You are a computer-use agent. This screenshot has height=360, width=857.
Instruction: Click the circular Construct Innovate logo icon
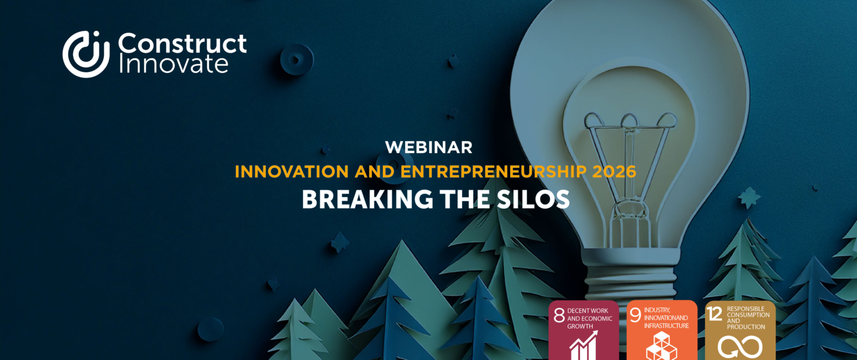click(86, 54)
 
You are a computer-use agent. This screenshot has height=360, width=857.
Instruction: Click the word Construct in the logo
click(182, 44)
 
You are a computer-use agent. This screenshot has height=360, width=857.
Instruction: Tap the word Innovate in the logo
click(173, 64)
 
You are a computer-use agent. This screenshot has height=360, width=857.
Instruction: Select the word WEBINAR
click(428, 147)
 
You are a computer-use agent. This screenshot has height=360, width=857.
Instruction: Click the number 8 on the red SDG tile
click(559, 315)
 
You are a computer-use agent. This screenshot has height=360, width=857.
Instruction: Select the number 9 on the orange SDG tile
click(635, 315)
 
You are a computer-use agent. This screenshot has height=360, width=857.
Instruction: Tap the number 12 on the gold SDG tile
click(715, 314)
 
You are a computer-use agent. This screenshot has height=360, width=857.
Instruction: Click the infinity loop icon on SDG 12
click(740, 346)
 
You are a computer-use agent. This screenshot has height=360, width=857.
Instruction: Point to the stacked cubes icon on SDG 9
click(661, 346)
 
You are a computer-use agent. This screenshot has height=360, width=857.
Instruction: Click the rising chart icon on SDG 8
click(583, 345)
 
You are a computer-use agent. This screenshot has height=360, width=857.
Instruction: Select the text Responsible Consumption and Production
click(748, 318)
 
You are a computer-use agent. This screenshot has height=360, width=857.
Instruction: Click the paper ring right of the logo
click(297, 58)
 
